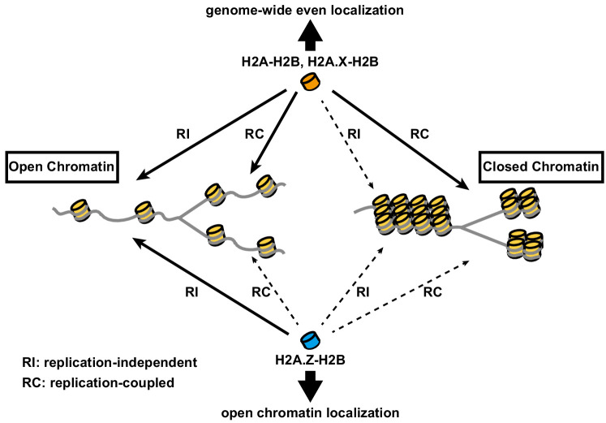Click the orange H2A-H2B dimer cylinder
tap(311, 82)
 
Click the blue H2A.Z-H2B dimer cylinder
tap(311, 340)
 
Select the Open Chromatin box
tap(62, 167)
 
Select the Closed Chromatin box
tap(540, 166)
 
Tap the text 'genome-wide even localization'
tap(304, 10)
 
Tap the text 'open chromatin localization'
tap(310, 412)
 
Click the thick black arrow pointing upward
tap(311, 36)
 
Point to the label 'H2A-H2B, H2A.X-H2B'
tap(310, 62)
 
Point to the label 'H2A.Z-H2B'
tap(310, 360)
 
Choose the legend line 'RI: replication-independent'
tap(110, 362)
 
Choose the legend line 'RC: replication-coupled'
tap(98, 382)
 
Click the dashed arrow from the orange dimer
tap(347, 145)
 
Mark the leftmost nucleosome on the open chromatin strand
tap(80, 210)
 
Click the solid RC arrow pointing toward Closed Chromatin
tap(401, 140)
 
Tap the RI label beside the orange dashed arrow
tap(354, 134)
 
